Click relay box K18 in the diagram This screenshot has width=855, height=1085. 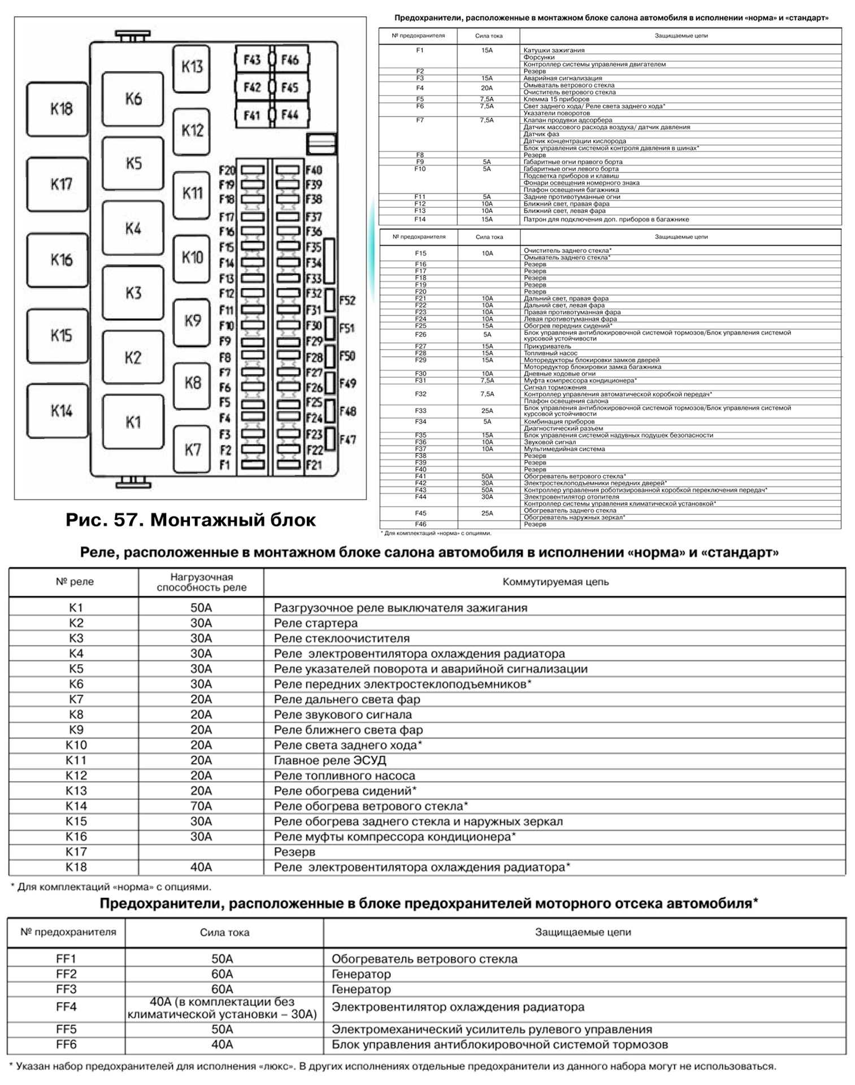[58, 109]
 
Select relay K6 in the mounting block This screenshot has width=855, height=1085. [133, 99]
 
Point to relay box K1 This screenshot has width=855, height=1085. [133, 422]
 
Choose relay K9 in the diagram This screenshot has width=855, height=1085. [192, 322]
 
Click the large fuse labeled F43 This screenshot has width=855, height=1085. [252, 60]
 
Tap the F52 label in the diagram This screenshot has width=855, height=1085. [348, 301]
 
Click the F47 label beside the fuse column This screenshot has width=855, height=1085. [348, 439]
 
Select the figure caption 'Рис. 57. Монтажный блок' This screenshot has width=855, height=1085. [190, 520]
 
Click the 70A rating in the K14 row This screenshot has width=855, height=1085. [201, 806]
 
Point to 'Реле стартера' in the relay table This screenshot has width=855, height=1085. [316, 623]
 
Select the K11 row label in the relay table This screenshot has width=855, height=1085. [76, 760]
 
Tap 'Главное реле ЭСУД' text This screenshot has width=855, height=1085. [330, 760]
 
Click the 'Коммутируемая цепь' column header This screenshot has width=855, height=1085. [555, 581]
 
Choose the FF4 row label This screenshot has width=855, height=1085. [66, 1007]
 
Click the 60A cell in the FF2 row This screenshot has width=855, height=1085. [222, 974]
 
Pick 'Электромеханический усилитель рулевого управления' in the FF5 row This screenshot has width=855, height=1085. [492, 1030]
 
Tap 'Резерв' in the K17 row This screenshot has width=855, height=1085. [294, 852]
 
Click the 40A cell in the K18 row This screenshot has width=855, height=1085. [201, 867]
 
